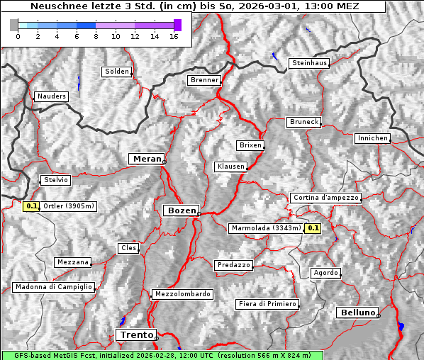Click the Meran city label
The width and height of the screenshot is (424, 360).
pos(147,159)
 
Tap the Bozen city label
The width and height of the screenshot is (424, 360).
pos(181,210)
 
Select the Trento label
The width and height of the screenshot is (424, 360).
pos(135,334)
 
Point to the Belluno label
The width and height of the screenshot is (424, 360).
pos(357,312)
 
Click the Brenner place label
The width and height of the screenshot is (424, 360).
pos(205,80)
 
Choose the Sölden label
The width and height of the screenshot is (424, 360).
pos(117,72)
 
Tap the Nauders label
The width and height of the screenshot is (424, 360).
pos(51,96)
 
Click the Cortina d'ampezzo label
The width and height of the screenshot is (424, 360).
pos(325,198)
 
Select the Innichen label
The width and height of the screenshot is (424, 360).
pos(372,138)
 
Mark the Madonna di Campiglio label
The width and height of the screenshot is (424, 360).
pos(53,287)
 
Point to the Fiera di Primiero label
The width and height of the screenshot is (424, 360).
pos(267,304)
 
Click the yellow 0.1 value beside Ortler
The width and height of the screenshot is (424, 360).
pos(31,206)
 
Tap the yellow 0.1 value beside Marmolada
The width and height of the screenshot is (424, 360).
pos(313,228)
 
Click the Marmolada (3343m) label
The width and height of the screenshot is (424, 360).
pos(266,228)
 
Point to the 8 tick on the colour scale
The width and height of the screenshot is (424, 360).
pos(95,36)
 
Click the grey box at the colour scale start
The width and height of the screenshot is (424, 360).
pos(14,25)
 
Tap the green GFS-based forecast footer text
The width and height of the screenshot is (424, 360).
pos(162,355)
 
